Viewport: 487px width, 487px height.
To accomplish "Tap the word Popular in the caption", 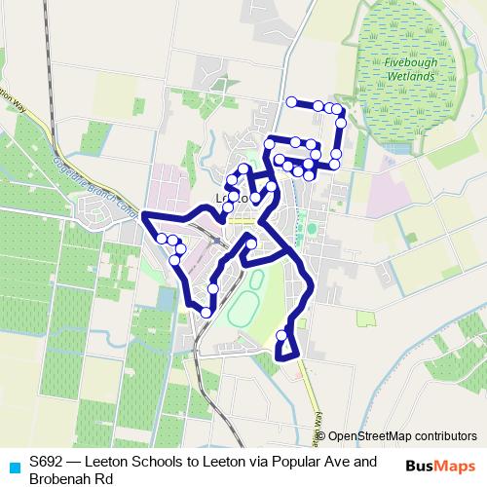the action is pos(276,462).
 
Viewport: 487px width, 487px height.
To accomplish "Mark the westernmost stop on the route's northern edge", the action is pos(290,101).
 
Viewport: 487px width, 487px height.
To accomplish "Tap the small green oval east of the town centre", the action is pos(312,230).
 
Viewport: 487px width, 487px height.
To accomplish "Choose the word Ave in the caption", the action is pos(316,462).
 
